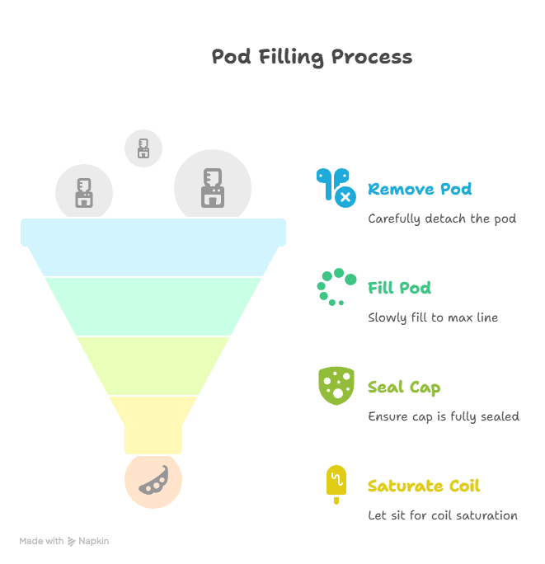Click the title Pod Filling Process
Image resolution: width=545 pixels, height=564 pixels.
click(x=312, y=57)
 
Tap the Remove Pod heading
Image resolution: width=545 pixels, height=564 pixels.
click(x=420, y=189)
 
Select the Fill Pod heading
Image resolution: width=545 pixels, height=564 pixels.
click(x=399, y=288)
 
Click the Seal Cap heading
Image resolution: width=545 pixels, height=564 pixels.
click(x=404, y=388)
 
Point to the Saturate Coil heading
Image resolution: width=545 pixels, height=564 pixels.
click(x=424, y=486)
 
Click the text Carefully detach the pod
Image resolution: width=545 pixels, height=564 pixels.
click(x=442, y=219)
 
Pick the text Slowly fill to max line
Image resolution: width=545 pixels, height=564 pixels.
click(x=433, y=317)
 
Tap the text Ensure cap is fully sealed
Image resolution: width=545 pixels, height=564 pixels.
click(x=444, y=416)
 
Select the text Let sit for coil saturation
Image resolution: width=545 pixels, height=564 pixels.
click(x=443, y=515)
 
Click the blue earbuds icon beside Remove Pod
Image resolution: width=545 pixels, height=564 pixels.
click(x=336, y=187)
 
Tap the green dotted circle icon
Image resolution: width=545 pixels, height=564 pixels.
click(x=336, y=287)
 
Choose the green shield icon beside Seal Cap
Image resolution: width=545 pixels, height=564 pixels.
click(x=336, y=386)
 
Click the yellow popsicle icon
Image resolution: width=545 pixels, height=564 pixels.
click(x=336, y=484)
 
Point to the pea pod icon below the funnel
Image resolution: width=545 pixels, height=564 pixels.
click(x=153, y=481)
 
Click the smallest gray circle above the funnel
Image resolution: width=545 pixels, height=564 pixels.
click(x=143, y=148)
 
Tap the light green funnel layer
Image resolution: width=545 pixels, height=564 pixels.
click(x=153, y=307)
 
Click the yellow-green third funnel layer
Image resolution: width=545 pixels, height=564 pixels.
click(x=153, y=366)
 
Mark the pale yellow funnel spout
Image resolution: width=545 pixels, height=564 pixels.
click(x=153, y=425)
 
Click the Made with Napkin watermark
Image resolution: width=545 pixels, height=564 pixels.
click(x=64, y=541)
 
